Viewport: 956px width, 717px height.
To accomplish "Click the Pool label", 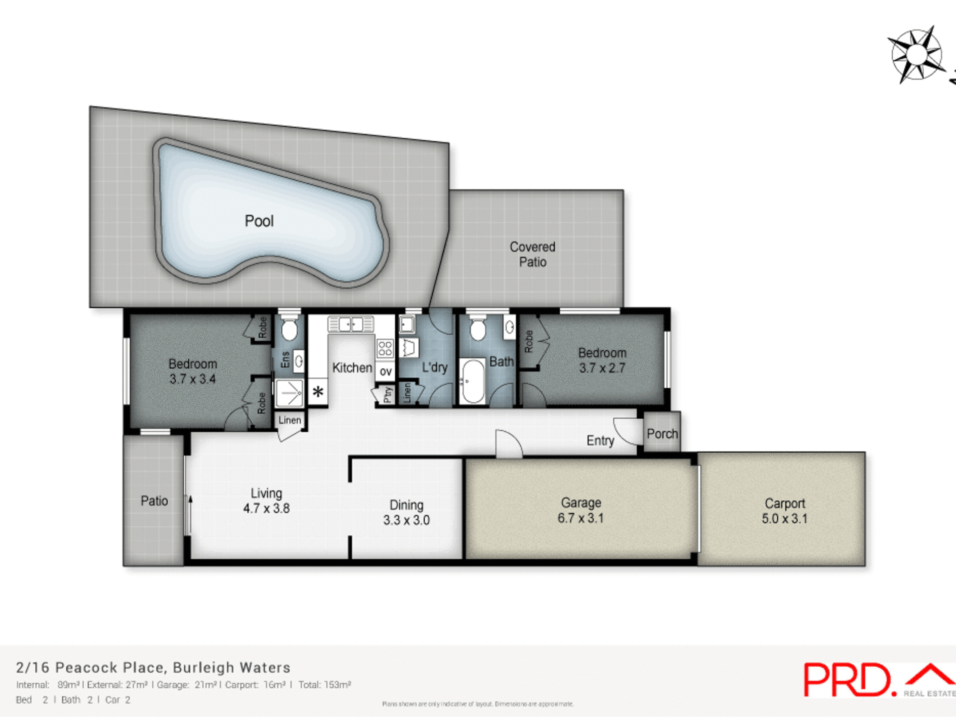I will tap(259, 221).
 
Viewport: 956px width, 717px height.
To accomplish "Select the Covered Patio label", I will tap(532, 254).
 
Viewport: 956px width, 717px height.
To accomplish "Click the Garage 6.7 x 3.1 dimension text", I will tap(581, 518).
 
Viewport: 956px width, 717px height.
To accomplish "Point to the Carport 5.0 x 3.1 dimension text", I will tap(784, 519).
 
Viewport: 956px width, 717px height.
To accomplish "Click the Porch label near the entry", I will tap(662, 434).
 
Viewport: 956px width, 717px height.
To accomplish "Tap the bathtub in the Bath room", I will tap(472, 381).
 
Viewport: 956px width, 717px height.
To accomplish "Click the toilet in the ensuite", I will tap(289, 329).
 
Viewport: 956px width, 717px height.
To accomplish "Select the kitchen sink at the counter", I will tap(351, 325).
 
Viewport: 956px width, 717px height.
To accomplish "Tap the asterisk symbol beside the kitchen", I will tap(318, 392).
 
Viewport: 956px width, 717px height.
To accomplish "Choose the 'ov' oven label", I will tap(385, 371).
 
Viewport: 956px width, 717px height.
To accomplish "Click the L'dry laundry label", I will tap(434, 367).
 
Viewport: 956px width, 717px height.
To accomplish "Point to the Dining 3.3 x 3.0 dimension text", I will tap(406, 520).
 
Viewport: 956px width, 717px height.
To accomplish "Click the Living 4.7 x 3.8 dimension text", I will tap(266, 508).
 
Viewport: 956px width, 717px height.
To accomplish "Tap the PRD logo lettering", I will tap(847, 680).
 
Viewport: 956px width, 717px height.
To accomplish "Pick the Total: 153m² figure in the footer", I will tap(325, 685).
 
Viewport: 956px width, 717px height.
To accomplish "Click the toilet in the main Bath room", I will tap(478, 329).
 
